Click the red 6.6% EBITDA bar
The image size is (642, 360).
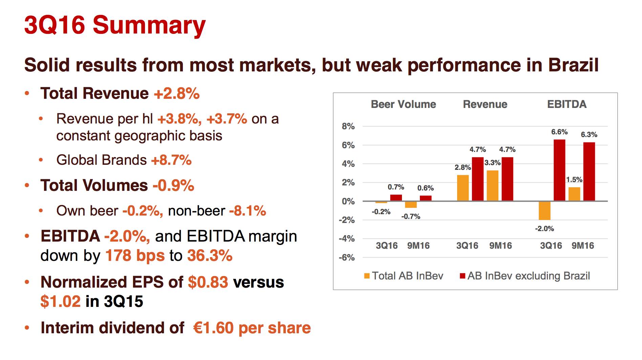click(x=559, y=170)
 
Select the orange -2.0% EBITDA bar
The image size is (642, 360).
click(x=544, y=210)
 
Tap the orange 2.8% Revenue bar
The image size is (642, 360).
click(x=463, y=188)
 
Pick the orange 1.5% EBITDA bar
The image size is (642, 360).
click(x=574, y=194)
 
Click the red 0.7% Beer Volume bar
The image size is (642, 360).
click(x=396, y=198)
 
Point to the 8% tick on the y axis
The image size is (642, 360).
click(x=348, y=127)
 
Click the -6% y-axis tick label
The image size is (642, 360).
click(x=347, y=257)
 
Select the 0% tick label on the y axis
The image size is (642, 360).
click(x=348, y=201)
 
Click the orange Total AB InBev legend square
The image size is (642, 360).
click(x=367, y=276)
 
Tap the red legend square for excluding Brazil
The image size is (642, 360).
click(x=462, y=276)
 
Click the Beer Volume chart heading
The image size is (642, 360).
click(x=403, y=104)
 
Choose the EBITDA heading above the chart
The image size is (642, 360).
click(x=566, y=104)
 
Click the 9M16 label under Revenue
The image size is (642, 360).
click(x=500, y=246)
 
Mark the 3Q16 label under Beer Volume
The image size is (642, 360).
click(x=387, y=246)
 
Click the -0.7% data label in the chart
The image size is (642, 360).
click(x=411, y=217)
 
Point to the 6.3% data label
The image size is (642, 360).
click(x=589, y=135)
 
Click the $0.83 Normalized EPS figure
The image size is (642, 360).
click(x=208, y=282)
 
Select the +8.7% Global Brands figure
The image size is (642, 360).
click(x=171, y=160)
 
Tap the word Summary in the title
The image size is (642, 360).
click(x=149, y=25)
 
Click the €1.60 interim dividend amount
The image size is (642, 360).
click(x=213, y=328)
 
